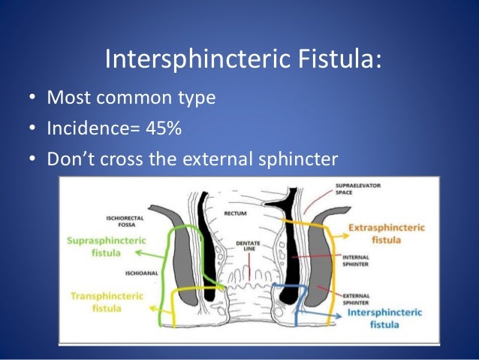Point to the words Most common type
[x=131, y=98]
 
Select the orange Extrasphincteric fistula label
[x=387, y=234]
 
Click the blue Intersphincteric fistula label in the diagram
[x=385, y=318]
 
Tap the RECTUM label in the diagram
[x=236, y=215]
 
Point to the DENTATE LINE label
[x=246, y=247]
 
